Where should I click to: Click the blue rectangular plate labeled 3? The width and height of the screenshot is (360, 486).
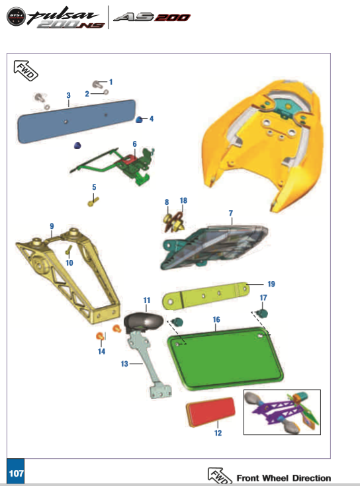[76, 121]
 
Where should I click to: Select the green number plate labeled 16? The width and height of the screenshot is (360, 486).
[226, 358]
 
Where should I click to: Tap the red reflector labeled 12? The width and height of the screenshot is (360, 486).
[210, 412]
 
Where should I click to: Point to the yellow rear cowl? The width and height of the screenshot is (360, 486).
[263, 145]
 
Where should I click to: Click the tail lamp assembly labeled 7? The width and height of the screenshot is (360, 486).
[214, 247]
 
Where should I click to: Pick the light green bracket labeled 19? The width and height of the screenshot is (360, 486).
[205, 296]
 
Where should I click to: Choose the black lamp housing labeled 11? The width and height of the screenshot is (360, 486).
[143, 322]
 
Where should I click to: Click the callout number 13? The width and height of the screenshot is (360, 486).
[124, 364]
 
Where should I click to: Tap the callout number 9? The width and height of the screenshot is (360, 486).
[52, 226]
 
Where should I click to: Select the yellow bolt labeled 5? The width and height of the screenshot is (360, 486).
[93, 202]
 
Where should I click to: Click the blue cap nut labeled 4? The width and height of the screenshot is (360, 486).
[139, 119]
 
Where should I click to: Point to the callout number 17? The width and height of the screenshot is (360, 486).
[263, 298]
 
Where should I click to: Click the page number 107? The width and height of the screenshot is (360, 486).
[16, 473]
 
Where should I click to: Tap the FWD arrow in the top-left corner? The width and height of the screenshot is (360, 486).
[25, 70]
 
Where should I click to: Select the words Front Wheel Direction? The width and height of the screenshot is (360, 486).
[284, 478]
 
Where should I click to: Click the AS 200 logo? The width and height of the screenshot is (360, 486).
[152, 17]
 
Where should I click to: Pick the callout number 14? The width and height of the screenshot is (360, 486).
[101, 352]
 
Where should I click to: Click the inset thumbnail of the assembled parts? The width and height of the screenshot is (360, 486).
[282, 412]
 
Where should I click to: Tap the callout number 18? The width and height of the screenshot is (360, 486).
[183, 200]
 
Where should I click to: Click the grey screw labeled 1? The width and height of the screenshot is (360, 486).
[97, 84]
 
